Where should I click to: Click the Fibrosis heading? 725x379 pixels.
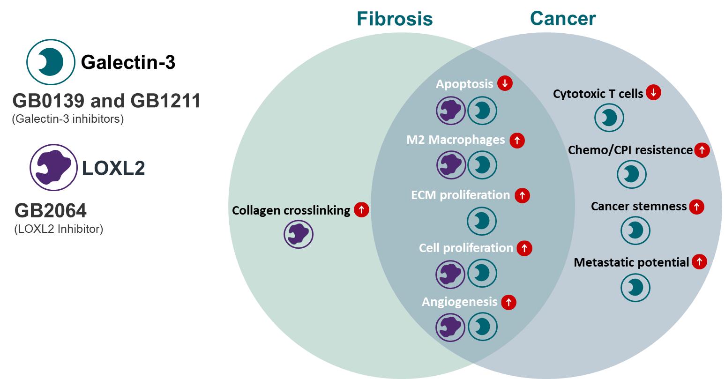(395, 19)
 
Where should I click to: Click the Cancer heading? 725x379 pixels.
(563, 18)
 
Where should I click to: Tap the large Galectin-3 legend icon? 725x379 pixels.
(51, 61)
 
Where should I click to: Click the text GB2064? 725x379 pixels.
(51, 211)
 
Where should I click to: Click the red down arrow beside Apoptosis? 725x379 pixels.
(505, 83)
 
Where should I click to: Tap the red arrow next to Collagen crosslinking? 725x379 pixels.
(361, 210)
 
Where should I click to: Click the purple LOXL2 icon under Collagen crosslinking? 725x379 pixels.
(299, 235)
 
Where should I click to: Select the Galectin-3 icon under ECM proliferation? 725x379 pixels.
(482, 221)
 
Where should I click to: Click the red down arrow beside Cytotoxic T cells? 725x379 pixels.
(653, 93)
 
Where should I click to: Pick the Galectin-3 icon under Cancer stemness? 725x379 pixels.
(635, 230)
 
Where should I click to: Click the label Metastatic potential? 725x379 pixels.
(631, 262)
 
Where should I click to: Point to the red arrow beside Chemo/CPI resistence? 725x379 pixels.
(702, 150)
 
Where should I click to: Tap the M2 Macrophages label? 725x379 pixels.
(456, 140)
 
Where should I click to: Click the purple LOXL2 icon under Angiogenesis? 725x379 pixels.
(450, 327)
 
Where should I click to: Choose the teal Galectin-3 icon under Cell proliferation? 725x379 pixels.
(482, 273)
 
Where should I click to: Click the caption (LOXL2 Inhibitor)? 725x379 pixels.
(59, 229)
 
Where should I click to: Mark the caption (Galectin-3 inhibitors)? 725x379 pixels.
(67, 119)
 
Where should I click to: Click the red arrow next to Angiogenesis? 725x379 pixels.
(508, 302)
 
